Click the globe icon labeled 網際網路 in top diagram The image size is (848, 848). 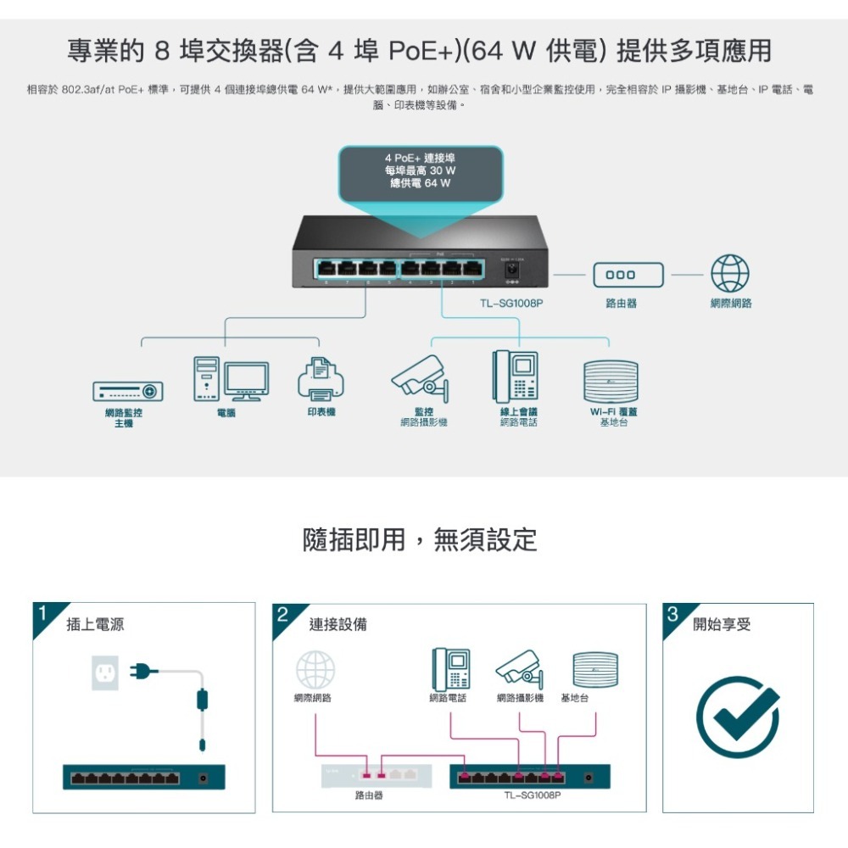[729, 275]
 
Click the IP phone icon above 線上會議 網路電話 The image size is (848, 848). [516, 376]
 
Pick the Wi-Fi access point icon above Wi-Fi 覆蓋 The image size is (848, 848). [611, 382]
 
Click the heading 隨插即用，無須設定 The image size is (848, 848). [420, 538]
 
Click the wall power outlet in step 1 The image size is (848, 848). [106, 673]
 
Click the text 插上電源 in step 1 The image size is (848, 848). [95, 625]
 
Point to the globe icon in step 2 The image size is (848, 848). [315, 670]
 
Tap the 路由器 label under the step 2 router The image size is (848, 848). [369, 796]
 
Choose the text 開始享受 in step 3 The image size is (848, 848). [722, 625]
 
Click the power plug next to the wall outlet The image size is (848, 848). [143, 672]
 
